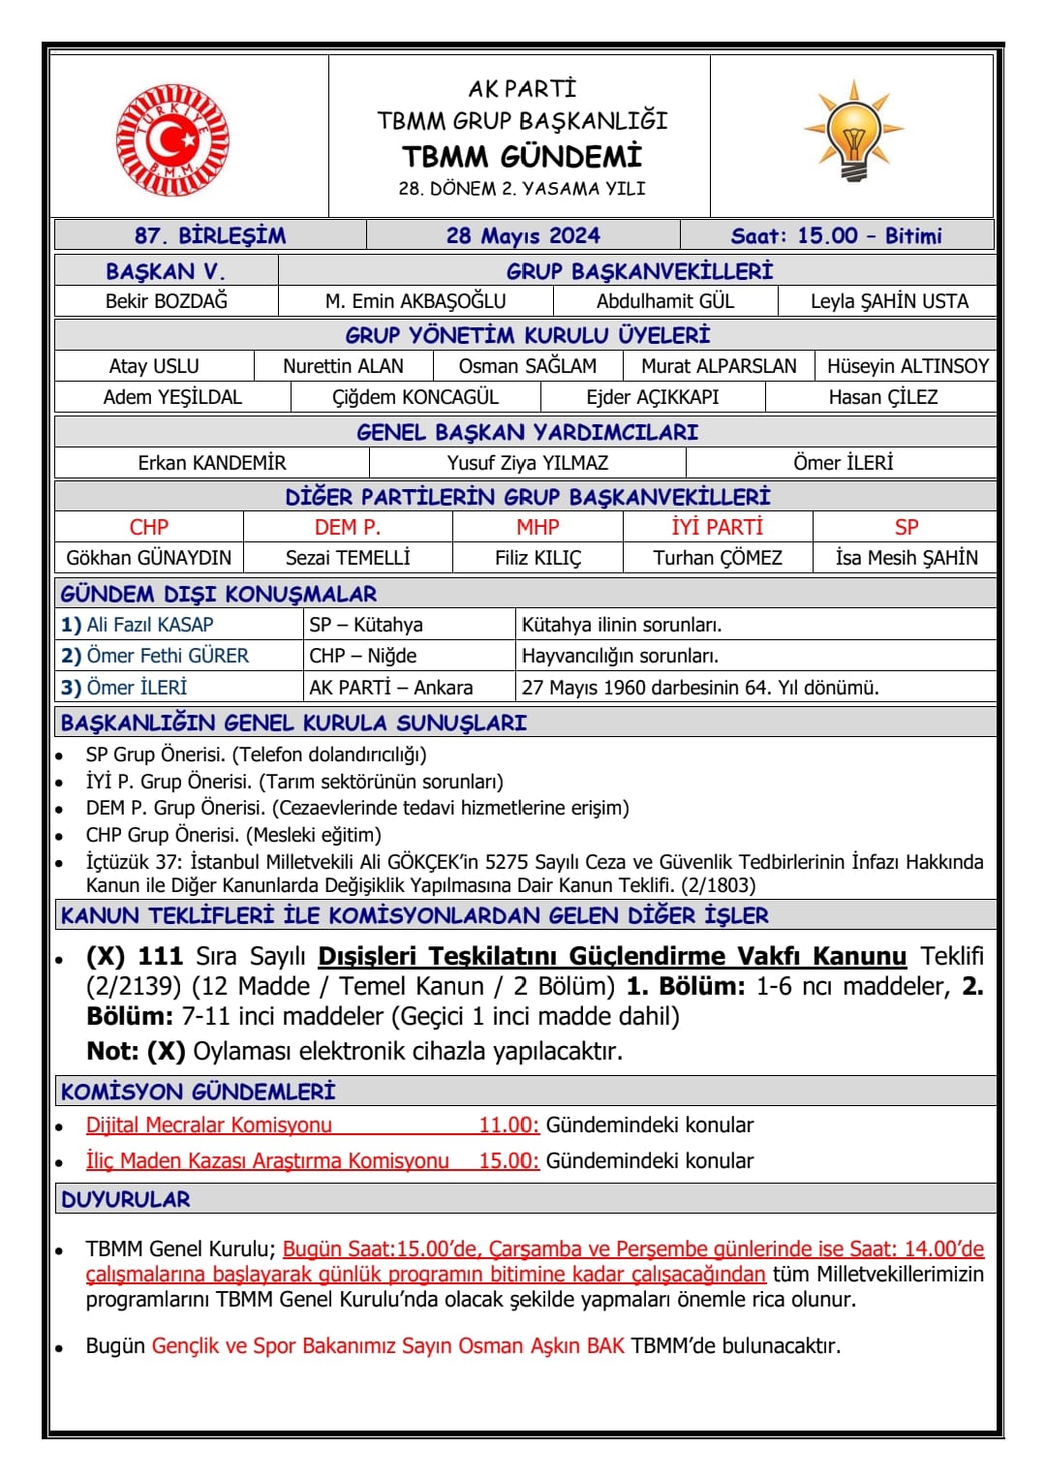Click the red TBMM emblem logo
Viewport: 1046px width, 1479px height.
click(172, 138)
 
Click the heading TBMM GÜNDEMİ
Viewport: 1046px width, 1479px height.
click(522, 157)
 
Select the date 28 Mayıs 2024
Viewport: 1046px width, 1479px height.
click(523, 235)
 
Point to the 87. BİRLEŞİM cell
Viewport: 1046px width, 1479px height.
click(210, 235)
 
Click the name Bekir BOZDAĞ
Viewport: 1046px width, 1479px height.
click(167, 301)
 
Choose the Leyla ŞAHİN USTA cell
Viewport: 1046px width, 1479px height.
click(889, 301)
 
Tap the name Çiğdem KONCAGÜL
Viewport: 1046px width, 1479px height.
click(415, 397)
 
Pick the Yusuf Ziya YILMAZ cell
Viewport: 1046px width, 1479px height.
click(528, 463)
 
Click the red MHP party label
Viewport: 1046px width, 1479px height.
click(538, 527)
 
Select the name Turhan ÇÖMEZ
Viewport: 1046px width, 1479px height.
click(718, 558)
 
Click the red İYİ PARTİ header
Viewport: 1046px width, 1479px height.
click(718, 527)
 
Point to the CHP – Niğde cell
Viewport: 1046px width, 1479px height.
click(363, 656)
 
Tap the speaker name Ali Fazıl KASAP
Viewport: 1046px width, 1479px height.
click(150, 625)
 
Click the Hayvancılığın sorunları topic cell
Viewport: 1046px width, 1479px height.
click(620, 656)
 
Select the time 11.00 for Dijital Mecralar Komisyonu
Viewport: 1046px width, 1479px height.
click(508, 1125)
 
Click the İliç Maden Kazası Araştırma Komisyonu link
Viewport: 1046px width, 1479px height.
click(267, 1160)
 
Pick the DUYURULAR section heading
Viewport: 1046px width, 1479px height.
click(126, 1199)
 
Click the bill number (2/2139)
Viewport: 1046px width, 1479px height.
click(134, 986)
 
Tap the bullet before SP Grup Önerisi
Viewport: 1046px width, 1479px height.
click(60, 755)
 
